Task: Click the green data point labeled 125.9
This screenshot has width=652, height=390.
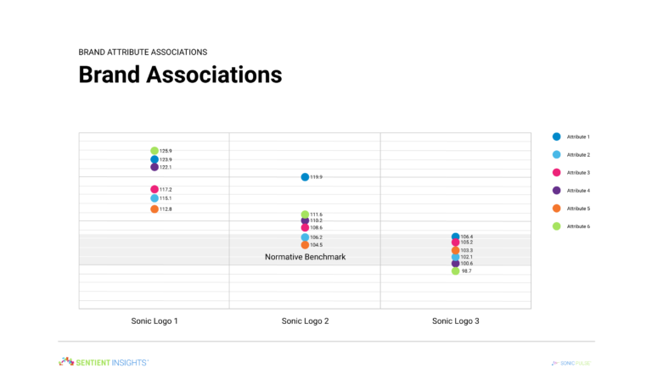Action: point(155,151)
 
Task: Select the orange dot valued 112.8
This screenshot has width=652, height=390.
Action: point(155,209)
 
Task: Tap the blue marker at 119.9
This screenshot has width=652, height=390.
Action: point(305,177)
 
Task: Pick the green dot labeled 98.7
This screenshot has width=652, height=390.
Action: point(455,271)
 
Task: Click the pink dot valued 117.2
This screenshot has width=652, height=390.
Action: point(155,189)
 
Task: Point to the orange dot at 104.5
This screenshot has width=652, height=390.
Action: point(305,245)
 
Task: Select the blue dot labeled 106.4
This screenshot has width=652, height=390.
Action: point(455,237)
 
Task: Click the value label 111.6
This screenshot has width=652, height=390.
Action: point(316,214)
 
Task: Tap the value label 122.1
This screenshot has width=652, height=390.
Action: point(166,167)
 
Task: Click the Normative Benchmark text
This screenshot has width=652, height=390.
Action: point(305,257)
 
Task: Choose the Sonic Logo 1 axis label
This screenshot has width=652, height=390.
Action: point(155,321)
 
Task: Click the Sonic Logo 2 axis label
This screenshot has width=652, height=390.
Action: point(305,321)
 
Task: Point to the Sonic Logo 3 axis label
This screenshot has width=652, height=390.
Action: point(455,321)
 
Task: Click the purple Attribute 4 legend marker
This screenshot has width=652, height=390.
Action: point(556,190)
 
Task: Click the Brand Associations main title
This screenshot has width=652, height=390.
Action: point(180,75)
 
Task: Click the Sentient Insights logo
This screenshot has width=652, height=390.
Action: point(103,362)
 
